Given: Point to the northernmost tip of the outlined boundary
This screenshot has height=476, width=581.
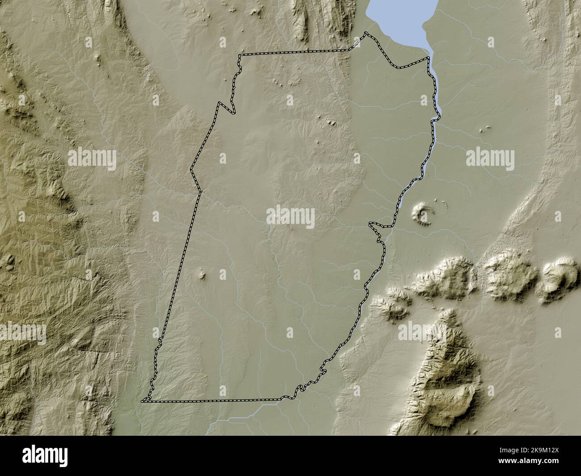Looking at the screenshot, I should pyautogui.click(x=366, y=33).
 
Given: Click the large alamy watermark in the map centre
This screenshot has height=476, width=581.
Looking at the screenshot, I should pyautogui.click(x=290, y=217).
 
